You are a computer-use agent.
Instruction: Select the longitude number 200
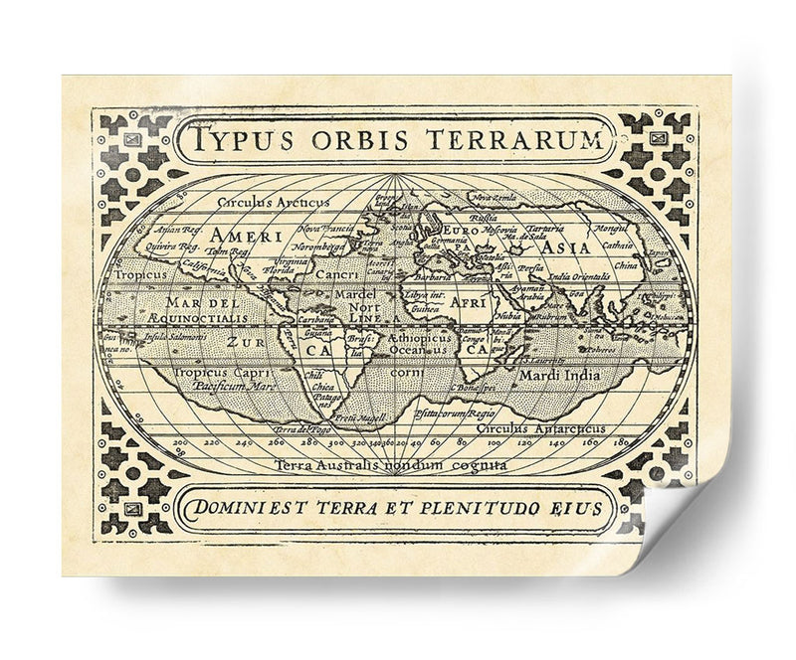(179, 444)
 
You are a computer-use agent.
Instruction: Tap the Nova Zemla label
(494, 198)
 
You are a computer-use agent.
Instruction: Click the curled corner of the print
(687, 527)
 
